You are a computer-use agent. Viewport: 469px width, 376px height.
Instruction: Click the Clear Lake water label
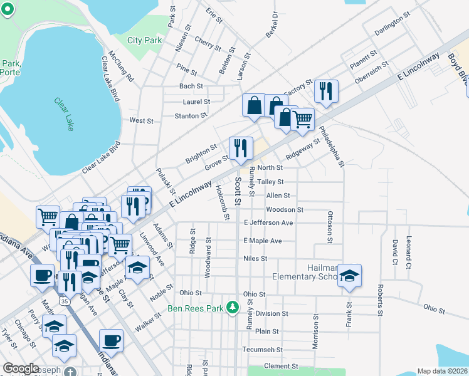[65, 113]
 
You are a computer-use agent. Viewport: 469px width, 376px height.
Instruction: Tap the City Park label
[145, 40]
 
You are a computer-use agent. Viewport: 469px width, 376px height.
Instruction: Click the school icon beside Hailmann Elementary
[350, 276]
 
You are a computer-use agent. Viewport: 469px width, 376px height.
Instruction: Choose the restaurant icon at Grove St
[241, 148]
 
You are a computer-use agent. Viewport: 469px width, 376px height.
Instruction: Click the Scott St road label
[238, 191]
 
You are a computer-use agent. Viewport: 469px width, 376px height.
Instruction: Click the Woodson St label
[284, 209]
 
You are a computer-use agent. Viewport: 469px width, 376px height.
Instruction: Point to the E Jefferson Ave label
[268, 222]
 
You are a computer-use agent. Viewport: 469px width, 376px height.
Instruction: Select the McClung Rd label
[122, 67]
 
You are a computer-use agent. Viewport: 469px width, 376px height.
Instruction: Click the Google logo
[21, 368]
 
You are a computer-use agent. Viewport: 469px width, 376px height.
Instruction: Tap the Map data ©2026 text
[443, 371]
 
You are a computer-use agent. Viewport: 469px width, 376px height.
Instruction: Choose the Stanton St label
[191, 116]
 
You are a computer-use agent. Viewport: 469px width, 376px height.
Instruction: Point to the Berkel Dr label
[271, 25]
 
